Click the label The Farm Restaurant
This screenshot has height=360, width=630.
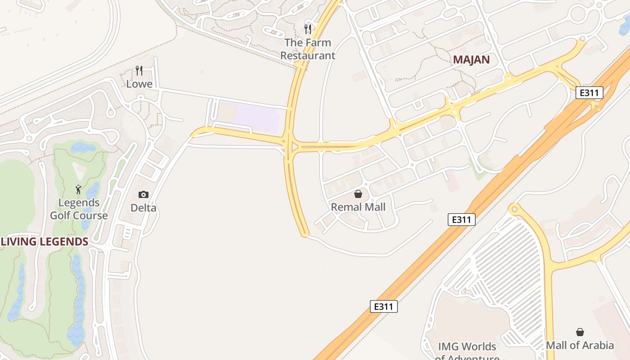click(x=308, y=49)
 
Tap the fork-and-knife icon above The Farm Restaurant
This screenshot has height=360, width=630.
click(x=308, y=29)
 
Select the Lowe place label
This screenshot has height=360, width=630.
click(x=139, y=84)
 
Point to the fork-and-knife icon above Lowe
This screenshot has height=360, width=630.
click(x=139, y=70)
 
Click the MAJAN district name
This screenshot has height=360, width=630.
click(x=471, y=59)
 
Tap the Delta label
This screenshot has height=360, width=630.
click(x=144, y=208)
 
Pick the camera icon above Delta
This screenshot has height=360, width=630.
click(x=144, y=194)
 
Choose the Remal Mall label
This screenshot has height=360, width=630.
click(x=358, y=207)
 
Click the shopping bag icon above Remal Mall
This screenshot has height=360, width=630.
click(x=358, y=194)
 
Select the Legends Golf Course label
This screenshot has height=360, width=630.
click(x=79, y=209)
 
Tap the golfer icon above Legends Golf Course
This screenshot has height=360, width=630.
click(x=79, y=189)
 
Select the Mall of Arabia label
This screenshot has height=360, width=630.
click(x=580, y=345)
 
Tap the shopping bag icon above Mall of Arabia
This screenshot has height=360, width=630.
click(x=580, y=332)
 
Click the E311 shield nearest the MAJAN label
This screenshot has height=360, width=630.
click(x=589, y=93)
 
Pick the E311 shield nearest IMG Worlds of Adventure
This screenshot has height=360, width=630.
click(x=383, y=306)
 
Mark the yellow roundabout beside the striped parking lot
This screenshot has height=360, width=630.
click(x=513, y=209)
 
